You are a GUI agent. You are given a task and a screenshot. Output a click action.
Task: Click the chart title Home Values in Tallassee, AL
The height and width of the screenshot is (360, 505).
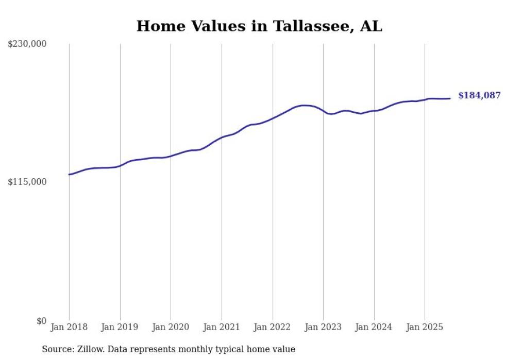[259, 26]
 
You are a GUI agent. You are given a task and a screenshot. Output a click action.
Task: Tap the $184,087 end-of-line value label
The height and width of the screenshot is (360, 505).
[479, 95]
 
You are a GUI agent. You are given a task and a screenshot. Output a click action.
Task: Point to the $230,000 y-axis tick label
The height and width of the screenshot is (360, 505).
[27, 44]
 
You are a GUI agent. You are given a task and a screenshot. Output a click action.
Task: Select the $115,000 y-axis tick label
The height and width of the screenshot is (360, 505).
[27, 182]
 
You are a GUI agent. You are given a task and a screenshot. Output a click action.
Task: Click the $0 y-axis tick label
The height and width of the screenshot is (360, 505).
[41, 321]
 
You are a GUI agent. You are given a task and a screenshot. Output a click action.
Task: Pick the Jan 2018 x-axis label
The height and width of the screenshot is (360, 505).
[69, 327]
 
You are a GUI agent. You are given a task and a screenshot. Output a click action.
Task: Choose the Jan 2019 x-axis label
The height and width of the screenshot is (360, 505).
[120, 327]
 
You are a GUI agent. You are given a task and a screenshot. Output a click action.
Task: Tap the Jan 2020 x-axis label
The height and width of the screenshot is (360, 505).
[171, 327]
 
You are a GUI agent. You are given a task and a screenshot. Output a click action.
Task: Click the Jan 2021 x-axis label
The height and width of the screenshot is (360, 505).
[222, 327]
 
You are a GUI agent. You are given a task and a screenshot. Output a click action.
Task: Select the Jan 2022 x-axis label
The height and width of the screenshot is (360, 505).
[273, 327]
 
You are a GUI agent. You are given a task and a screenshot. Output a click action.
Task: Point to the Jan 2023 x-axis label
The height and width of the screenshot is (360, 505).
[323, 327]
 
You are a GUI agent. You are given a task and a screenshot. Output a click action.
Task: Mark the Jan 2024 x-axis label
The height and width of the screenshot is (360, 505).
[374, 327]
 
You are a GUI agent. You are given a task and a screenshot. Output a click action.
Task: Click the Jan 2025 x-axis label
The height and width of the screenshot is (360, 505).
[425, 327]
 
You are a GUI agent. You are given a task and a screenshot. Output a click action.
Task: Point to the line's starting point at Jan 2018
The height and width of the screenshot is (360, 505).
[69, 175]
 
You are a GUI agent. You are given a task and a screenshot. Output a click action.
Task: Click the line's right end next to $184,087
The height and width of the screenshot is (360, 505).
[450, 98]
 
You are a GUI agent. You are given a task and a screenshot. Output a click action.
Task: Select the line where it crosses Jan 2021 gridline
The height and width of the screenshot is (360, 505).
[222, 138]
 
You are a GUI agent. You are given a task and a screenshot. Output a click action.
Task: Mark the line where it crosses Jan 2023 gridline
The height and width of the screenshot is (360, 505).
[323, 111]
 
